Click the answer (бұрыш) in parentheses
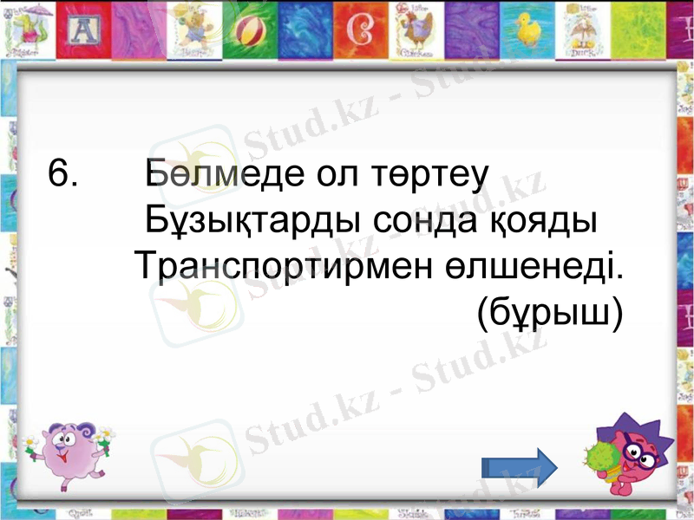pyautogui.click(x=549, y=314)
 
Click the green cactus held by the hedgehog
pyautogui.click(x=599, y=464)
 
